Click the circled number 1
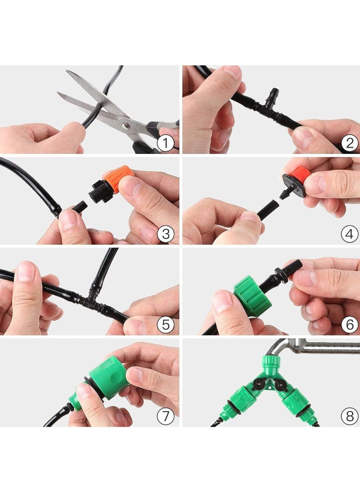point(165,144)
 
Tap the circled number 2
point(350,144)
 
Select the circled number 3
point(165,234)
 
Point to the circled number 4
point(350,234)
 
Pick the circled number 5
point(165,325)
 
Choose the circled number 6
point(350,325)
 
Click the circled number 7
point(165,416)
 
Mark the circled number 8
point(350,416)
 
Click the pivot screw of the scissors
point(126,126)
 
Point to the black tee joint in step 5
point(91,299)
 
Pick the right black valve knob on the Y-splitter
point(279,383)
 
